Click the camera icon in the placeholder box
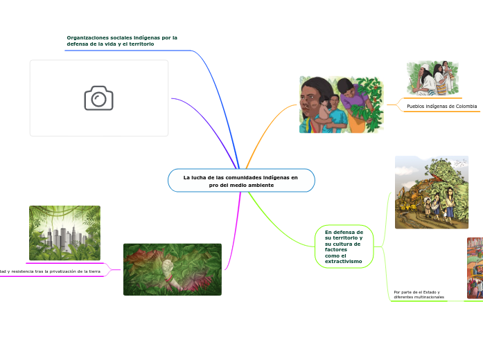point(98,98)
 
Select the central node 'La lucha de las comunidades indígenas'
point(240,181)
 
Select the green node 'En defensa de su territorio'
point(344,246)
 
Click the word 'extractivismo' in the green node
point(343,261)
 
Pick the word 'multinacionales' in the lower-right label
point(428,297)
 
